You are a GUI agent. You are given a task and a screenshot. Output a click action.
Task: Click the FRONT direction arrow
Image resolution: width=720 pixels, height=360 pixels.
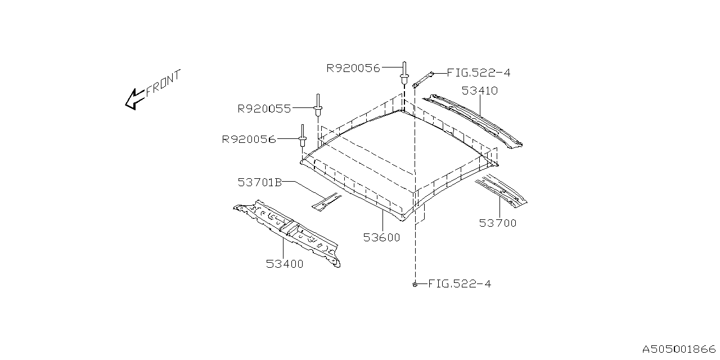point(134,100)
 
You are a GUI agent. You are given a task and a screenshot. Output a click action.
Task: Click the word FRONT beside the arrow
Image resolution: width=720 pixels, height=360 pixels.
point(163,83)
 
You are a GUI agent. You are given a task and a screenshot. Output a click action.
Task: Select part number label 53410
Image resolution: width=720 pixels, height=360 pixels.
point(480,91)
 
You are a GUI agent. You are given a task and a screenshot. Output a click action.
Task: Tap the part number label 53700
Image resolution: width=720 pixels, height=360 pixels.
point(498,223)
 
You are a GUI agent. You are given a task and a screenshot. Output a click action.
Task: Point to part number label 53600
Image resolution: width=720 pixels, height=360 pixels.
point(381,237)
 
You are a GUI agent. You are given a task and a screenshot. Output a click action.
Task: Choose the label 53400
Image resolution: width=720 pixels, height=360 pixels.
point(285,264)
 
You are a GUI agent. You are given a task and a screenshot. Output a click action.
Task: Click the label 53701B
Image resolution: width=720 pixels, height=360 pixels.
point(260,182)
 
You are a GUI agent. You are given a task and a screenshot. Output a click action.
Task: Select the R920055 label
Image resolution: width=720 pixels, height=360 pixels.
point(264,109)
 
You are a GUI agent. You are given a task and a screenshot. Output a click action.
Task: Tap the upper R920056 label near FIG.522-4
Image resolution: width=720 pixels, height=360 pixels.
point(353,68)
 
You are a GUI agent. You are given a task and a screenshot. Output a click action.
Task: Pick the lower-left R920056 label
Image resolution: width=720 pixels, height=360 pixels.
point(249,139)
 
